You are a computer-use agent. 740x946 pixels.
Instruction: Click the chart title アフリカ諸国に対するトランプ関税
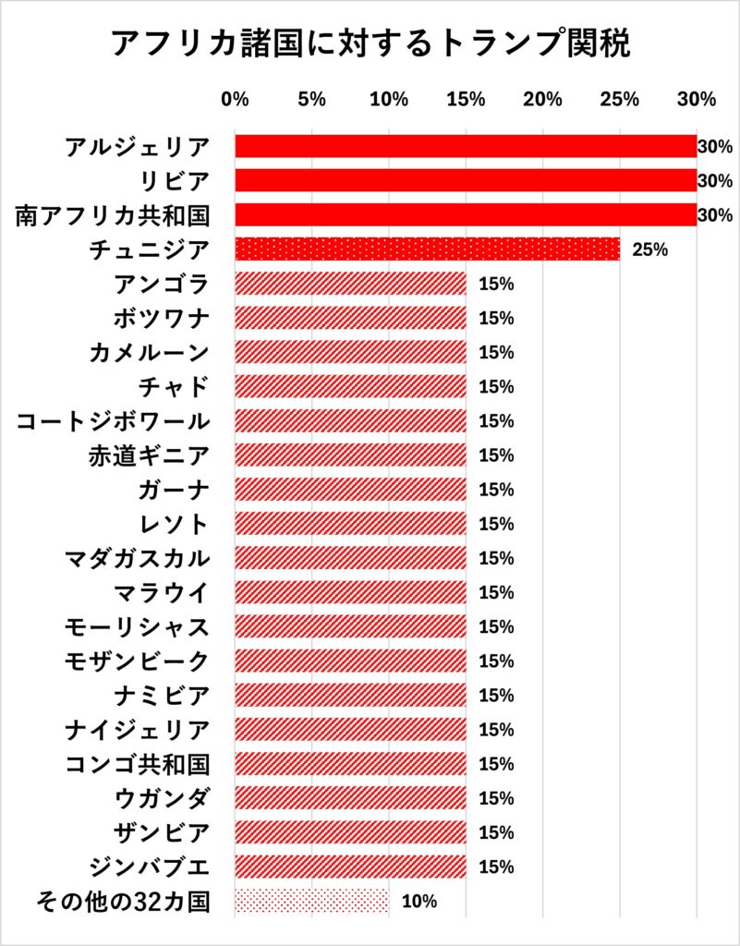[x=370, y=43]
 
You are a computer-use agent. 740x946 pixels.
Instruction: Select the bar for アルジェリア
[x=466, y=147]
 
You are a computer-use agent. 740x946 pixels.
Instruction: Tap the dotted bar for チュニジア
[x=427, y=249]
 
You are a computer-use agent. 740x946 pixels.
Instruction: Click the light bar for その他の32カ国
[x=311, y=901]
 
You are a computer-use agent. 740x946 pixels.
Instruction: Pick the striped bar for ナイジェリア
[x=350, y=730]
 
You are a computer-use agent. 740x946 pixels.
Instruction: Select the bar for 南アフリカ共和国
[x=466, y=215]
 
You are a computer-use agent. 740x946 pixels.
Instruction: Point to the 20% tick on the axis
[x=542, y=99]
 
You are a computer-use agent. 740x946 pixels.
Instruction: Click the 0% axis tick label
[x=236, y=99]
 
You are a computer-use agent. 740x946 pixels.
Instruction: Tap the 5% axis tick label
[x=312, y=99]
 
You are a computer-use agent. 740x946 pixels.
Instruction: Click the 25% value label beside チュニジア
[x=649, y=249]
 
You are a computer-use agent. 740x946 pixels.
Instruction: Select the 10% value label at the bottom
[x=419, y=901]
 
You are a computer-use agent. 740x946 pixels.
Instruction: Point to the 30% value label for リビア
[x=715, y=181]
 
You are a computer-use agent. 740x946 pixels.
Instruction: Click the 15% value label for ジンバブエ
[x=496, y=867]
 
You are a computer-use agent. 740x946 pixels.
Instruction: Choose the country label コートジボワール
[x=113, y=421]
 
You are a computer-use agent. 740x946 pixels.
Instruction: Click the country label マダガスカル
[x=137, y=558]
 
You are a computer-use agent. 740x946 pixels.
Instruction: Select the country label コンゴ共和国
[x=137, y=764]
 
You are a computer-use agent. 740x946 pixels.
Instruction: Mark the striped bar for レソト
[x=350, y=524]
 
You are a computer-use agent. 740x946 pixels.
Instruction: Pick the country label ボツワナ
[x=162, y=318]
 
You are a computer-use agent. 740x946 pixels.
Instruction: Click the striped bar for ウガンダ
[x=350, y=798]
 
